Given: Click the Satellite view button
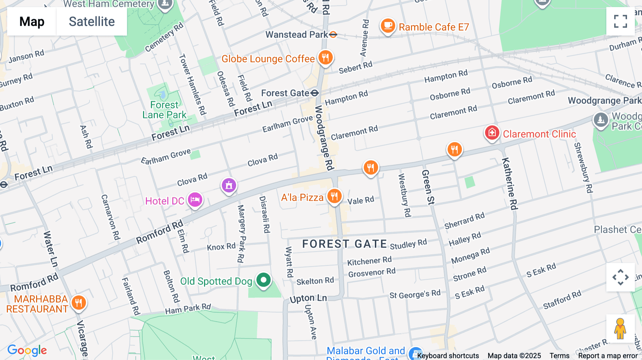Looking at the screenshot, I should [92, 21].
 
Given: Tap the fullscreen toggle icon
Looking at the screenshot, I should [620, 21].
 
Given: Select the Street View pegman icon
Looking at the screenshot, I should [620, 328].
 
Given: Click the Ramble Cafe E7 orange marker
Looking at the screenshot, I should [388, 26].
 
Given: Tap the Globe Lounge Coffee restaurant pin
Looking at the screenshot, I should [325, 57].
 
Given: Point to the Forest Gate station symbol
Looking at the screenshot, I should [314, 93].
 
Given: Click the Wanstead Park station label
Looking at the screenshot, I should [296, 35].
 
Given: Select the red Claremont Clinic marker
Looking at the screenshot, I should [492, 133].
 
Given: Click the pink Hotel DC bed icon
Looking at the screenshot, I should [195, 200].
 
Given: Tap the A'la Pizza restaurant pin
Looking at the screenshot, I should [334, 196].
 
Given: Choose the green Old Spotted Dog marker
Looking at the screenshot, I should [264, 280].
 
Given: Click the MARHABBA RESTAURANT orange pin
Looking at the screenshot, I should [78, 303].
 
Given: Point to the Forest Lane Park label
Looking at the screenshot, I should [164, 110].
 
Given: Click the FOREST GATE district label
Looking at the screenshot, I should [345, 244].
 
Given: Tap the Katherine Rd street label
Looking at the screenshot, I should [510, 184].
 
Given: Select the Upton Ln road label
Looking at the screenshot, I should [308, 298].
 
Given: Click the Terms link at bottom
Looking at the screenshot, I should [559, 355].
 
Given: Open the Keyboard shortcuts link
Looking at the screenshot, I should [448, 355].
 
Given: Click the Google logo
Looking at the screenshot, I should [27, 350].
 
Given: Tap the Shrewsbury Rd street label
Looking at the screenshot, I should [583, 168].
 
